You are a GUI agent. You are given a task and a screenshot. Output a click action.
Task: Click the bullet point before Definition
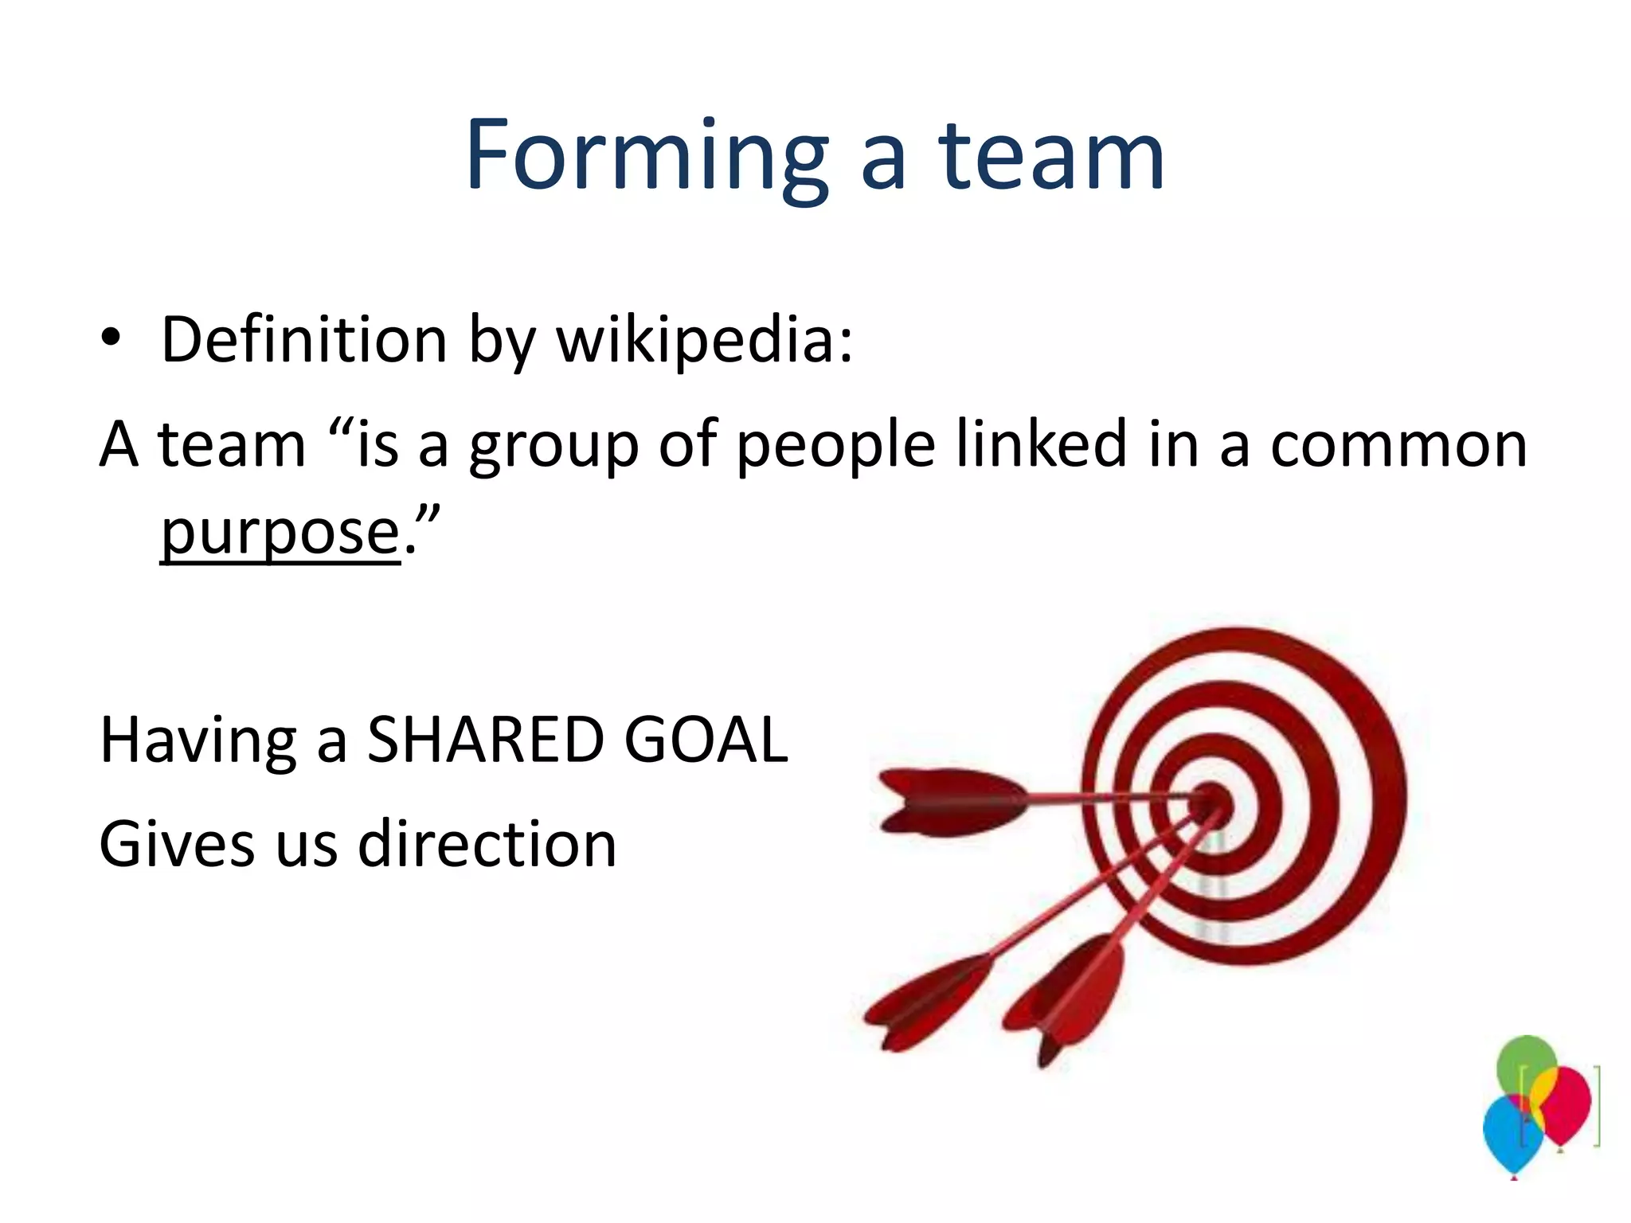pyautogui.click(x=111, y=339)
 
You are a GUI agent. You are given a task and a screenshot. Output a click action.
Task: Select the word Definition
pyautogui.click(x=304, y=339)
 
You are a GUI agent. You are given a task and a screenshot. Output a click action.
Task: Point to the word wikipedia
pyautogui.click(x=704, y=341)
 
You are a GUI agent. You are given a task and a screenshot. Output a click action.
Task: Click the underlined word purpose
pyautogui.click(x=280, y=532)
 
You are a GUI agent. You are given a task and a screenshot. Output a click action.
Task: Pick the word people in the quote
pyautogui.click(x=835, y=446)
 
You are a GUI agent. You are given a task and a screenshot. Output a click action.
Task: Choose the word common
pyautogui.click(x=1398, y=446)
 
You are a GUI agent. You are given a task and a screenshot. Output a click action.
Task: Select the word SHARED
pyautogui.click(x=486, y=740)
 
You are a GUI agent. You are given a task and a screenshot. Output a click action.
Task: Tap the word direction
pyautogui.click(x=487, y=844)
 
